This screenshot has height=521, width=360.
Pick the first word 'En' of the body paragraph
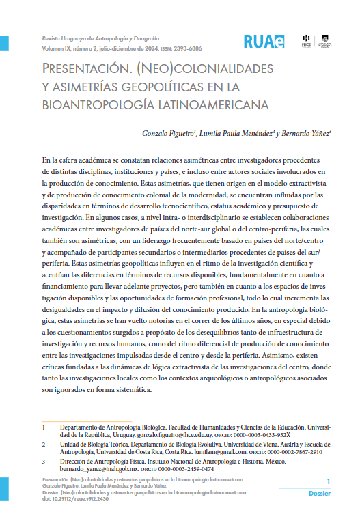click(46, 158)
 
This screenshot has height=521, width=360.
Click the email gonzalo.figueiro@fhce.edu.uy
click(174, 434)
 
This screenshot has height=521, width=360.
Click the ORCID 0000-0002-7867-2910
click(303, 452)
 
